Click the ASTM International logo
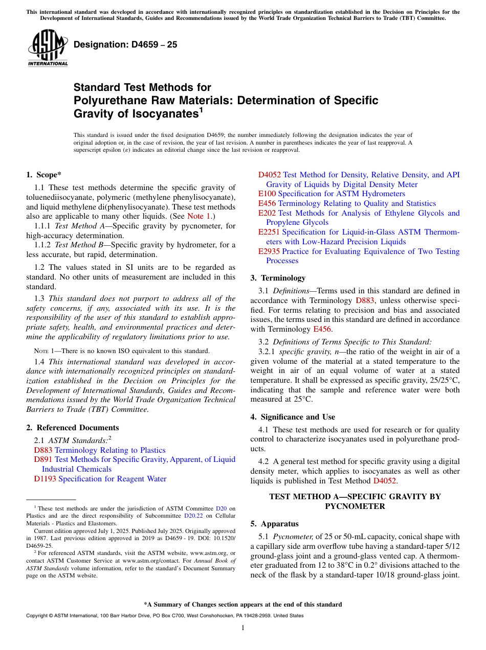click(48, 48)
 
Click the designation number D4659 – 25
click(125, 45)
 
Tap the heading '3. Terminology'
click(278, 278)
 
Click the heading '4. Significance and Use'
click(293, 417)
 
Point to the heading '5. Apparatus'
click(274, 524)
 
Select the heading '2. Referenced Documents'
click(73, 428)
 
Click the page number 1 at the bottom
click(243, 628)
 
